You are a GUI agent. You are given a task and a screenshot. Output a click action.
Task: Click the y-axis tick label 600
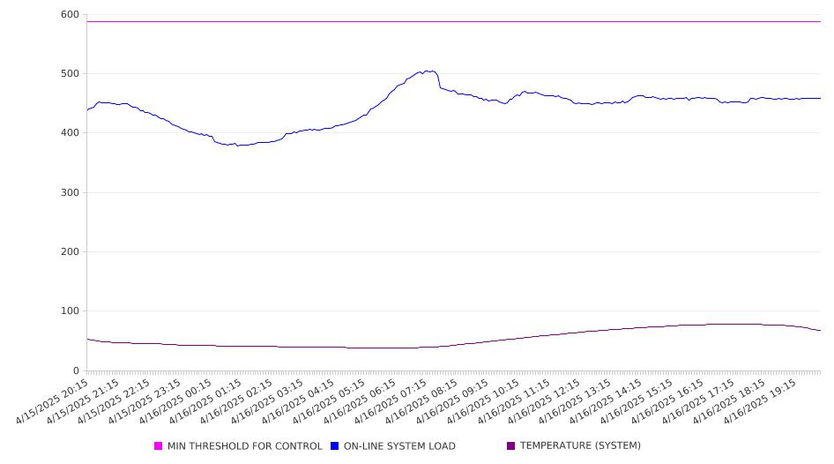[70, 15]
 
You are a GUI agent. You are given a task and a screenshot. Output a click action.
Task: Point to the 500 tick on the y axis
[70, 73]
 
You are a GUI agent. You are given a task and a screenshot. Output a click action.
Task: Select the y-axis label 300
[70, 192]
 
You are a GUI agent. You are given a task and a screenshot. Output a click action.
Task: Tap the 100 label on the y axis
[70, 311]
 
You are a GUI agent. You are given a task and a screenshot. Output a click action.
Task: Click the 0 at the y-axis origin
[76, 370]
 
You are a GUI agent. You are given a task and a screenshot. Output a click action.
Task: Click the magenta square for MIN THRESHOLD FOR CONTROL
[158, 445]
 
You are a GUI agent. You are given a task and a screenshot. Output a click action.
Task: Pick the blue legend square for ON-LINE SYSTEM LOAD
[334, 445]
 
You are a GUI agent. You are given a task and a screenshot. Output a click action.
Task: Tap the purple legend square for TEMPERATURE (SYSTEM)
[511, 445]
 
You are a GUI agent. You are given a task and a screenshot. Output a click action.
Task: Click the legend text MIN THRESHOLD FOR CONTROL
[245, 445]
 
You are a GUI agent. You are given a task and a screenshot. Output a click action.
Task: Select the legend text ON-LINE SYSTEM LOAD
[399, 445]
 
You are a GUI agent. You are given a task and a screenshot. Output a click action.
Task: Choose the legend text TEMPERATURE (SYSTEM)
[580, 445]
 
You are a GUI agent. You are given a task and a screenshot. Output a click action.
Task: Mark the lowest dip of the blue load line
[238, 146]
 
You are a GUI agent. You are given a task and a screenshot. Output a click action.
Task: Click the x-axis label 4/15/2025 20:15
[53, 401]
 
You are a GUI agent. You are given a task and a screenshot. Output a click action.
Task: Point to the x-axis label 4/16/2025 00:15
[176, 401]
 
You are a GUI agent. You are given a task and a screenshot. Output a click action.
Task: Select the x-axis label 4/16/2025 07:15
[392, 401]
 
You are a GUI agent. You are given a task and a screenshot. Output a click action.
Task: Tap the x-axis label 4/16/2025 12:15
[546, 401]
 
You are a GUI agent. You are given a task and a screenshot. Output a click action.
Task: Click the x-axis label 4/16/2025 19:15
[761, 401]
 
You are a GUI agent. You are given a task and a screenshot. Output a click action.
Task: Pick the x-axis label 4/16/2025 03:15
[269, 401]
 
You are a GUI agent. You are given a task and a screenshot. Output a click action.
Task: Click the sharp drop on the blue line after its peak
[439, 81]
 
